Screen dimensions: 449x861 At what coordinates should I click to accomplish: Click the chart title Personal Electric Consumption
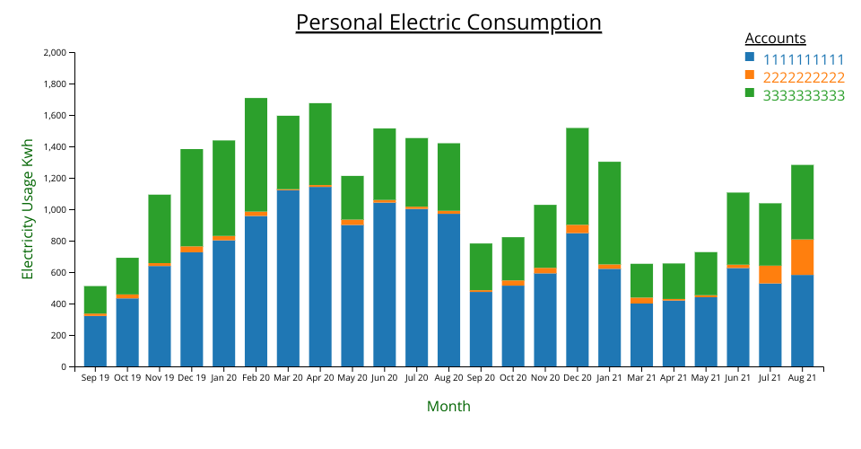click(x=448, y=22)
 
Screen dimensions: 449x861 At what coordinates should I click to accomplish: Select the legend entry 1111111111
click(x=804, y=59)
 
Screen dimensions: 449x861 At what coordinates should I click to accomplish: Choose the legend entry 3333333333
click(x=804, y=95)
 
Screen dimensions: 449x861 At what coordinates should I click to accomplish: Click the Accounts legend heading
click(x=775, y=39)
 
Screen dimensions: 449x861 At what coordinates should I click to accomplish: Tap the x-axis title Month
click(x=448, y=406)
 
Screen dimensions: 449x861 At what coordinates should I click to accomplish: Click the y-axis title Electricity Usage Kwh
click(x=28, y=209)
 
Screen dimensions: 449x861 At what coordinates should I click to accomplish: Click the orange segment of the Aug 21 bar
click(x=803, y=257)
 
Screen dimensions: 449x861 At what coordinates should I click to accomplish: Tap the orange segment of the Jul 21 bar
click(x=770, y=274)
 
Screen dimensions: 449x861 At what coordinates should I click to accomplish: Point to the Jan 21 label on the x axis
click(x=610, y=378)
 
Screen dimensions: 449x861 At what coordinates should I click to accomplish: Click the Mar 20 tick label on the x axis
click(x=288, y=378)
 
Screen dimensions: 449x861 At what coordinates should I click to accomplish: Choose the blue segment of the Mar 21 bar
click(x=642, y=335)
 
